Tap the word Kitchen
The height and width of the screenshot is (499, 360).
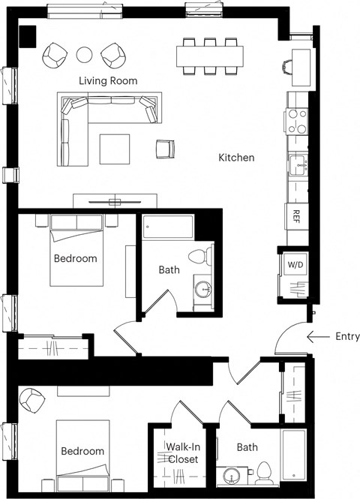236,158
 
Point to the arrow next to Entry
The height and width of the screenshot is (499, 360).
318,337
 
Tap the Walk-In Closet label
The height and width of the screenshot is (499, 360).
183,453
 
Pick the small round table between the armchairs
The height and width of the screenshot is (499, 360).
85,54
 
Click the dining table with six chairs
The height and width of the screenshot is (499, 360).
210,56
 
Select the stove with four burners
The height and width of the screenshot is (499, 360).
296,122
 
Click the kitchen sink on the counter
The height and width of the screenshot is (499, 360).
298,164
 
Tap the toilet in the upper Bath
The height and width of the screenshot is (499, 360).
199,257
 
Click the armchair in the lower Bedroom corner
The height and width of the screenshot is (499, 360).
32,400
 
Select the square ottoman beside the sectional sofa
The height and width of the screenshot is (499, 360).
115,149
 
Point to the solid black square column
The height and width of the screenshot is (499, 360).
28,35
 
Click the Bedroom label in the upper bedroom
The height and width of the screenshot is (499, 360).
75,258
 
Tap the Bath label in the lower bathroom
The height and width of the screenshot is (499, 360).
247,447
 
